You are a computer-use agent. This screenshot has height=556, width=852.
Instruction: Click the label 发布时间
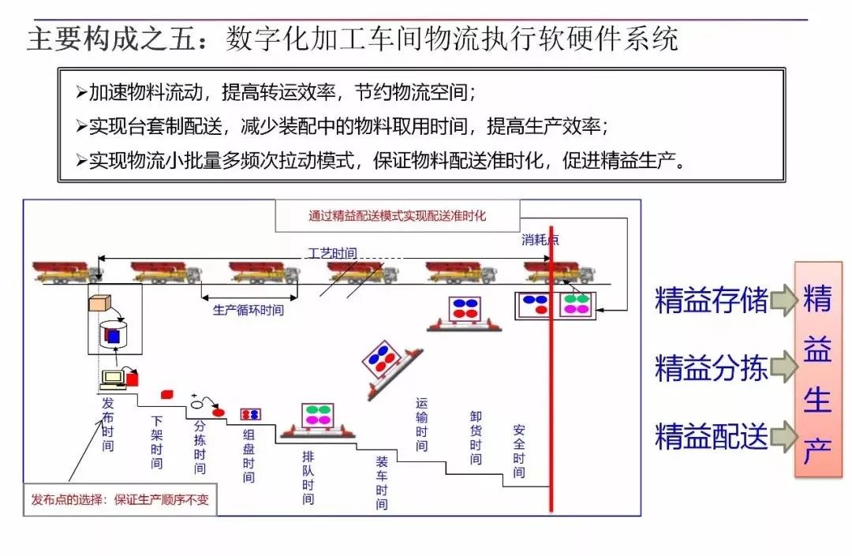[108, 424]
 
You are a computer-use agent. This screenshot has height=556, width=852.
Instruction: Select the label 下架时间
[157, 442]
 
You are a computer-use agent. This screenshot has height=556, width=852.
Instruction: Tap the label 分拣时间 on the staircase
[200, 446]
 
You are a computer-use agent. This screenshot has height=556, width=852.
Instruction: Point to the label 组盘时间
[248, 456]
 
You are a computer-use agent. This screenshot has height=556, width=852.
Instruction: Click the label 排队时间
[308, 478]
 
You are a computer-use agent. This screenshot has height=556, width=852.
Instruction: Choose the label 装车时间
[382, 483]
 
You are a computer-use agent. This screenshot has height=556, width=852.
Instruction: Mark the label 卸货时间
[476, 438]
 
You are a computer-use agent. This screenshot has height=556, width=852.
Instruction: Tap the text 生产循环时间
[248, 310]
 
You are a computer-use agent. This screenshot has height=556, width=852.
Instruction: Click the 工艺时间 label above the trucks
[331, 253]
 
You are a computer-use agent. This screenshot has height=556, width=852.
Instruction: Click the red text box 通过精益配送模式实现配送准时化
[397, 215]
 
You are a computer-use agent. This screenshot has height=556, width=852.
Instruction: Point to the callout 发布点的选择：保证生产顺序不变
[120, 499]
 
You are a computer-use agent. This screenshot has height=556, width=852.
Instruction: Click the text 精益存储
[711, 300]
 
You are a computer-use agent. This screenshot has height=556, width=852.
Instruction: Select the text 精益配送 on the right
[711, 436]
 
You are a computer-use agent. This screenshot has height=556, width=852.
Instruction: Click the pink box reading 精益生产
[817, 369]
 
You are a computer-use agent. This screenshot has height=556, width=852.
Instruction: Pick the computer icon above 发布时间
[114, 379]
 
